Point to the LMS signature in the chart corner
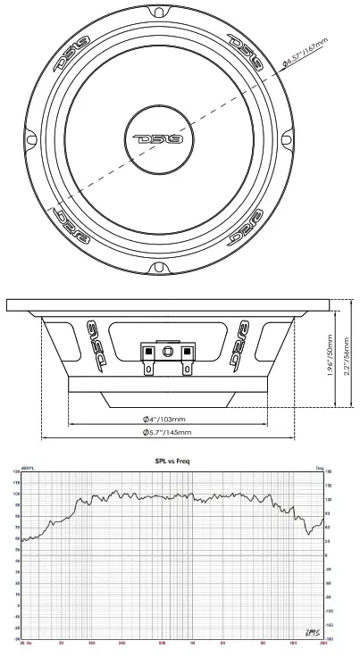312,631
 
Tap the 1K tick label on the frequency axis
191,644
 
